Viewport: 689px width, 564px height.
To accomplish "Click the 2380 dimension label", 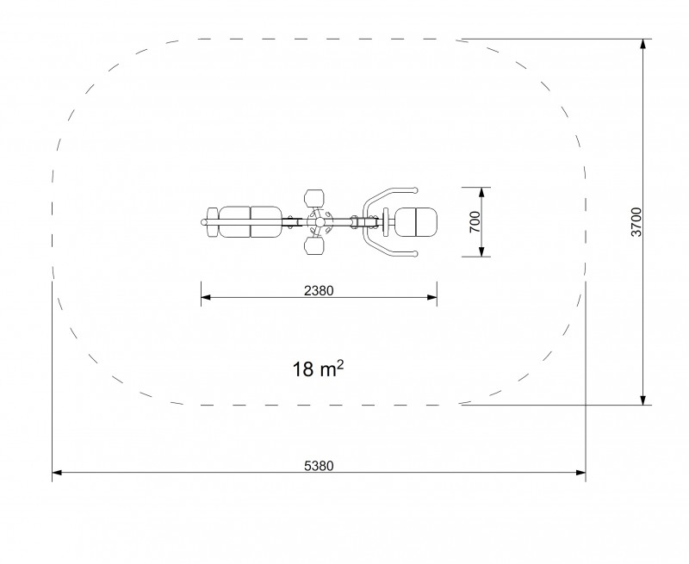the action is coord(319,291).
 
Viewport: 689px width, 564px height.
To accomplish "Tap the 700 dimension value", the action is coord(475,222).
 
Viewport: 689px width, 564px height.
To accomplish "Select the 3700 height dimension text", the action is coord(636,222).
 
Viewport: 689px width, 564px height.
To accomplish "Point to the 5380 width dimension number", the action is coord(319,466).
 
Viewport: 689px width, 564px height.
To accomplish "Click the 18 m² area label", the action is coord(318,369).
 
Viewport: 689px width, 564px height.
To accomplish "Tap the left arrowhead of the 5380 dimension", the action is coord(57,473).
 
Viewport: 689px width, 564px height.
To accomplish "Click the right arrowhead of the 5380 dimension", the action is coord(580,473).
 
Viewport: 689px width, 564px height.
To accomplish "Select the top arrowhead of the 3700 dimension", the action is coord(642,44).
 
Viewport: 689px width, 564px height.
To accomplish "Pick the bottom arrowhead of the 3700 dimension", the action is coord(642,400).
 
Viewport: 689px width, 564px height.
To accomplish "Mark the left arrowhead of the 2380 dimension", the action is coord(206,297).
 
